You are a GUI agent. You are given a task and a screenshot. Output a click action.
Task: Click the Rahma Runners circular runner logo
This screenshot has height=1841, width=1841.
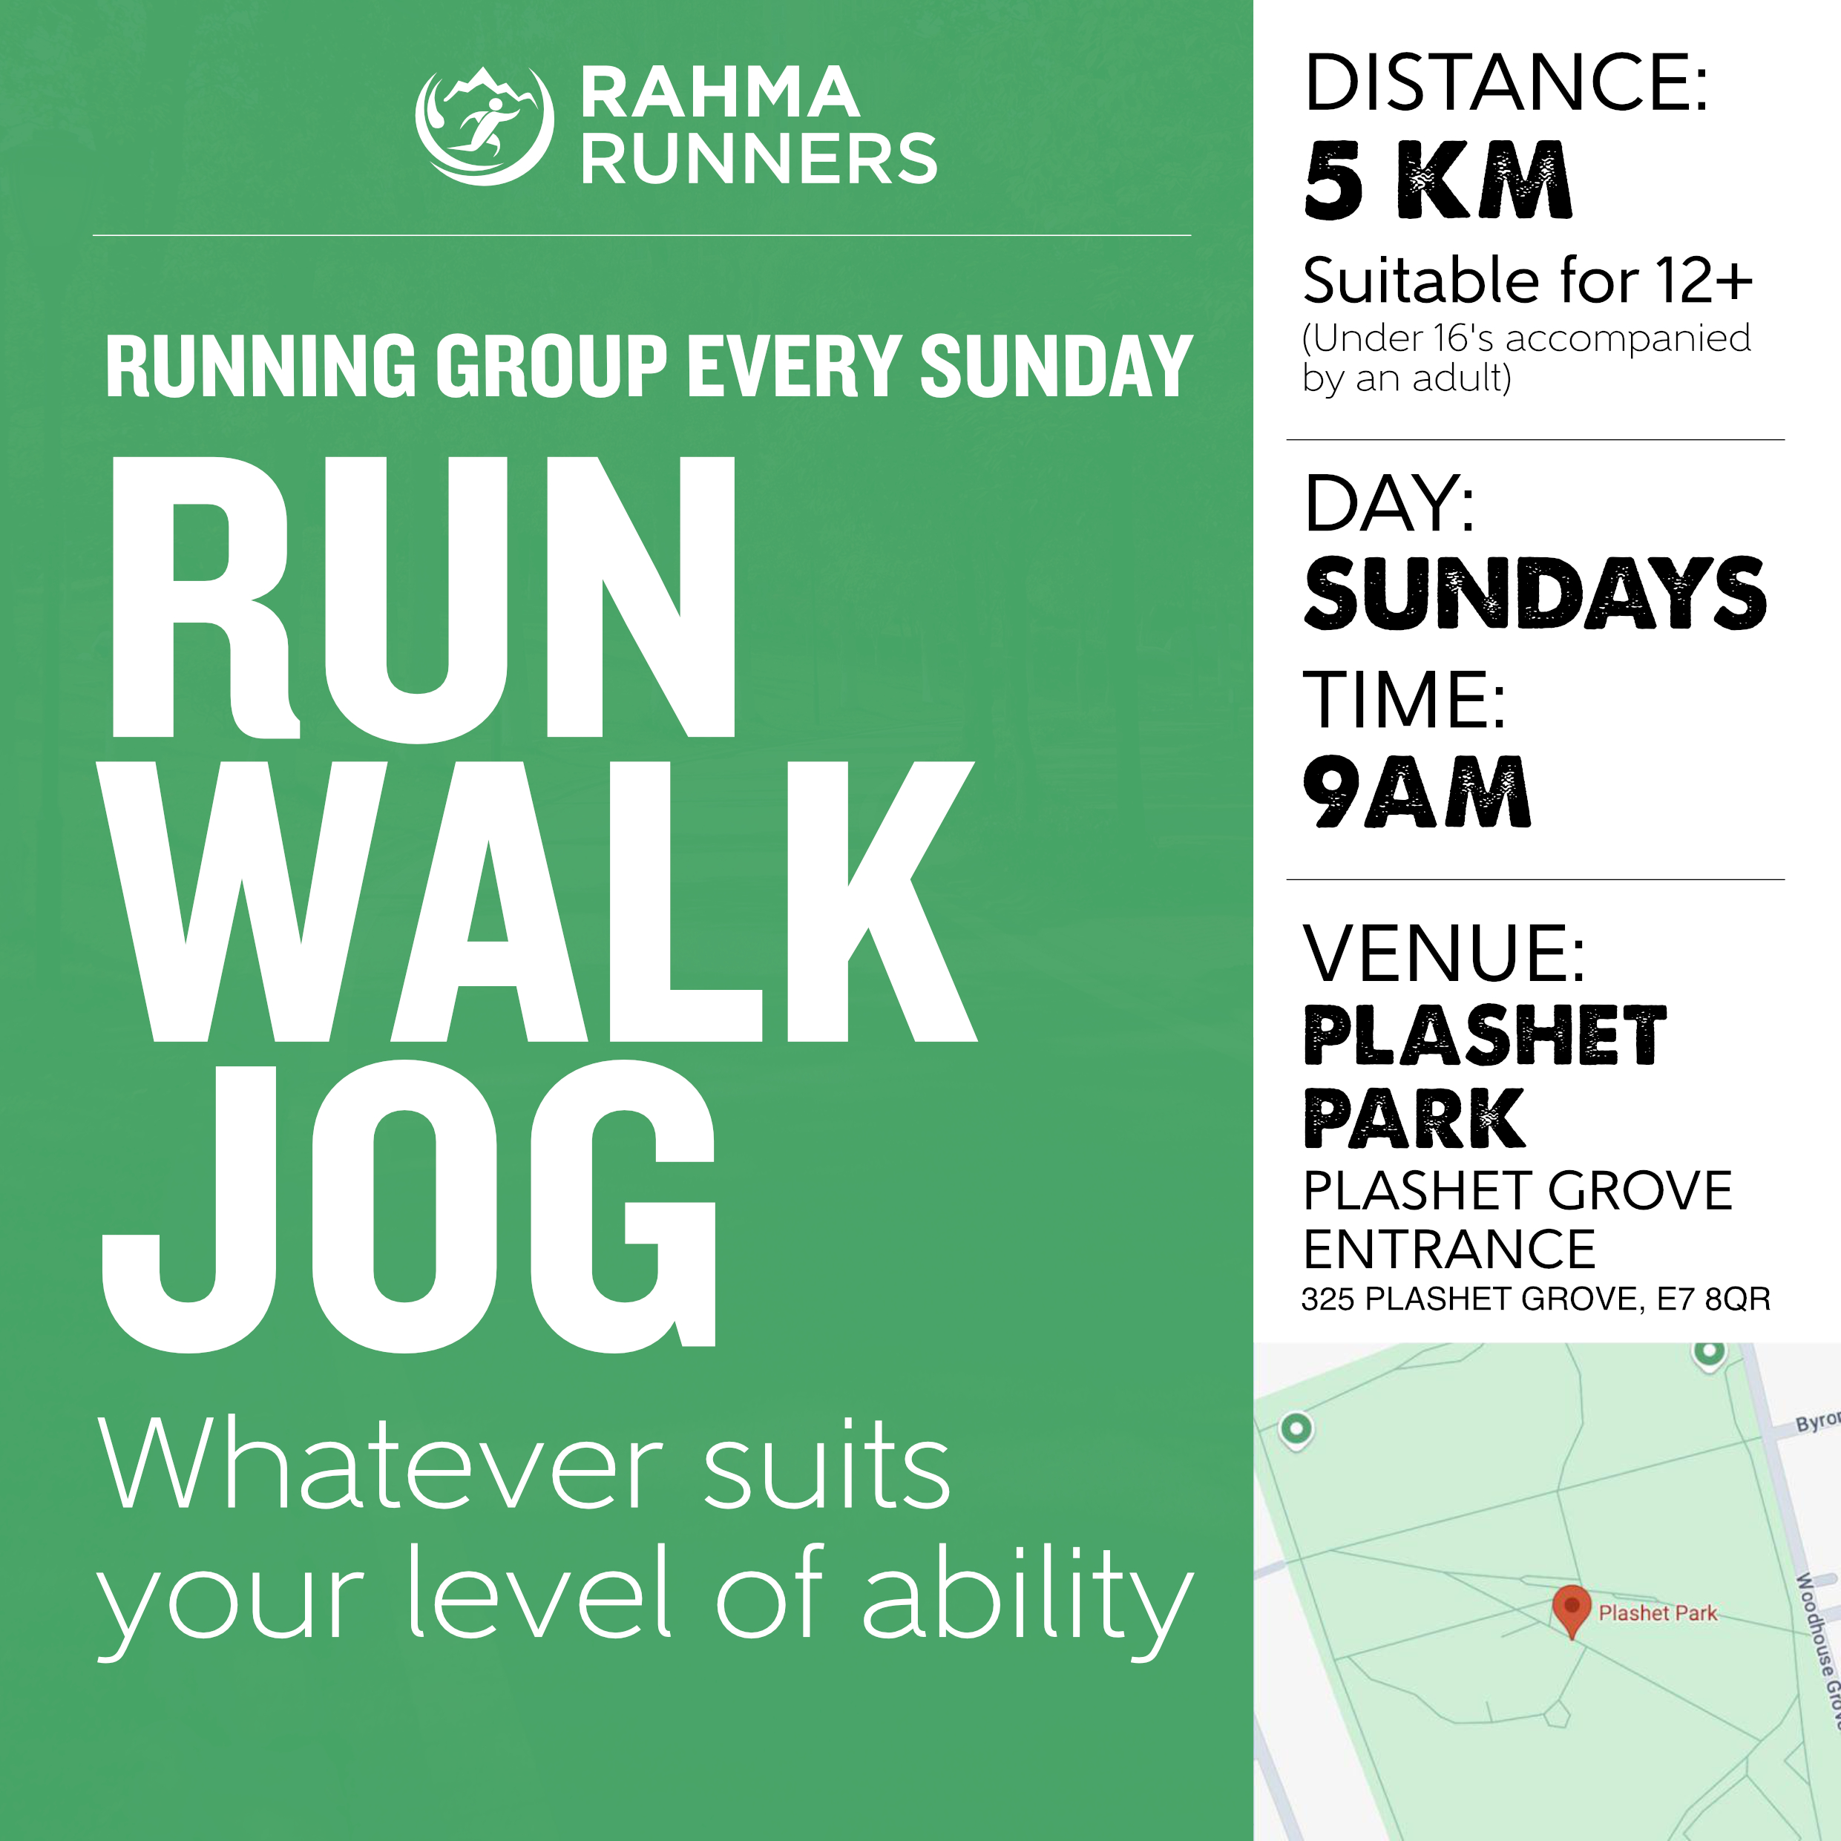coord(484,125)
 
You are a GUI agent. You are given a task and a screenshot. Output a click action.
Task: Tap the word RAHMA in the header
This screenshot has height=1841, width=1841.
coord(720,93)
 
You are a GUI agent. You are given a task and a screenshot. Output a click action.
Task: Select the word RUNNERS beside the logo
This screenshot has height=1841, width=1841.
coord(758,158)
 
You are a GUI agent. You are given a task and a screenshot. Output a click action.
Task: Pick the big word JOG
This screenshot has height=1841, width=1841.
coord(410,1207)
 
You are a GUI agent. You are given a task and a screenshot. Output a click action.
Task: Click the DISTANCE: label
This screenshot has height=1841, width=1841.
coord(1506,84)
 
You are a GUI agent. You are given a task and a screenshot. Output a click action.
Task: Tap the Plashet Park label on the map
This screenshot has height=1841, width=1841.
coord(1657,1613)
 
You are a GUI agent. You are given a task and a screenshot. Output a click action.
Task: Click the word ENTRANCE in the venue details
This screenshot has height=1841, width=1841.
coord(1448,1250)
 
